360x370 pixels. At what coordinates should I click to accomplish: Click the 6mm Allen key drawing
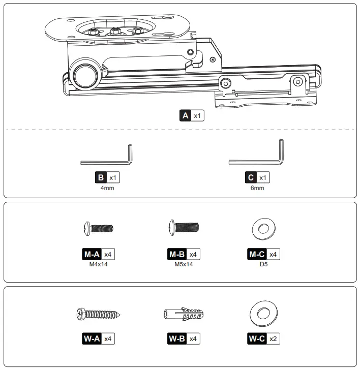[x=256, y=162]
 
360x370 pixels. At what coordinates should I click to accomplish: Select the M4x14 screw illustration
[x=98, y=229]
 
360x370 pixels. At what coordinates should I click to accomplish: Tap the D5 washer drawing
[x=263, y=229]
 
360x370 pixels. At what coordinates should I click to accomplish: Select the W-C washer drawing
[x=263, y=314]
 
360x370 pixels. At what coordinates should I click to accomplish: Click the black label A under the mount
[x=186, y=115]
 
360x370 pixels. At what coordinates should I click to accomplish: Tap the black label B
[x=101, y=178]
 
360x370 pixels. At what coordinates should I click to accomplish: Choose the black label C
[x=250, y=178]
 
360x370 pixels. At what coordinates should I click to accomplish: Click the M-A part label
[x=92, y=254]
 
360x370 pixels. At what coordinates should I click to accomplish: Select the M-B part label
[x=176, y=254]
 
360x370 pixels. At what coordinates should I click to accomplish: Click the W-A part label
[x=92, y=338]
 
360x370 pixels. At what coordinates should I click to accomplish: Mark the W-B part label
[x=176, y=338]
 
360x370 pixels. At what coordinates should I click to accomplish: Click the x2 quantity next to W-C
[x=274, y=338]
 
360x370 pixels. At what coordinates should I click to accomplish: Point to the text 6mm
[x=257, y=188]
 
